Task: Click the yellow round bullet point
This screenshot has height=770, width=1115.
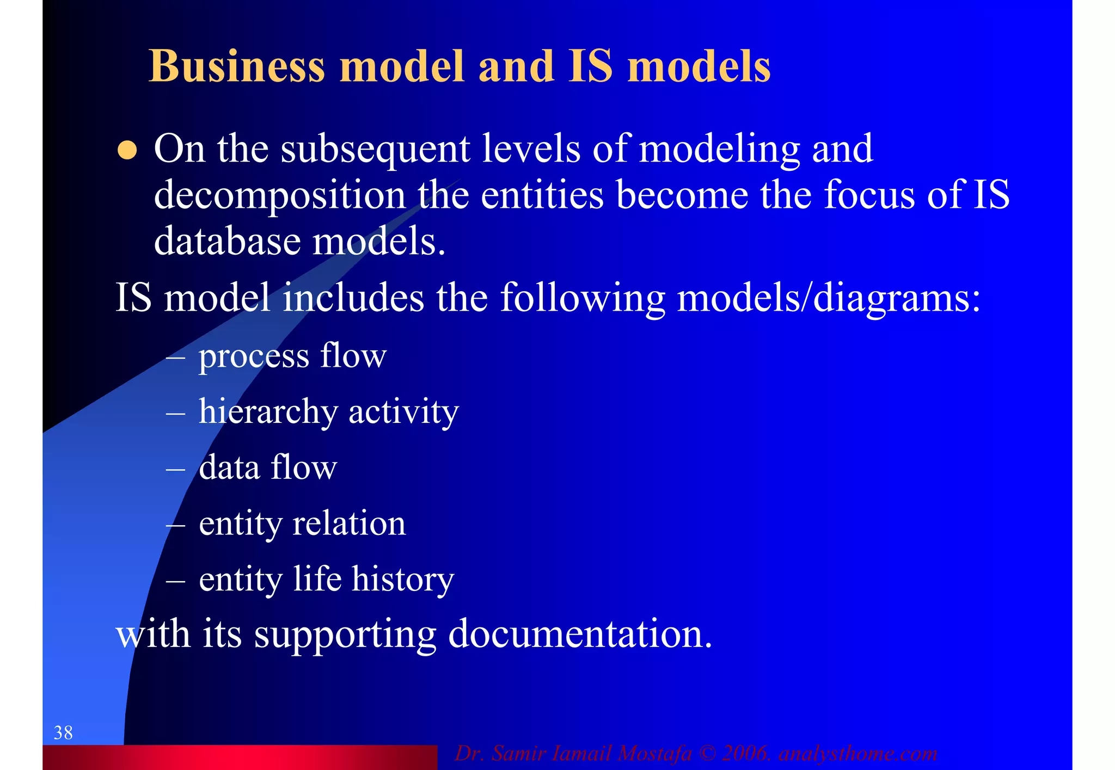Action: click(127, 150)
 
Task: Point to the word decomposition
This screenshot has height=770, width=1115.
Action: click(280, 196)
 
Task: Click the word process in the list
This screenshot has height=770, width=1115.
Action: click(253, 357)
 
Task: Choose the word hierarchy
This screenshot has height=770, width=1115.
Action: click(268, 412)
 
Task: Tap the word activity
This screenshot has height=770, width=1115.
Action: click(403, 412)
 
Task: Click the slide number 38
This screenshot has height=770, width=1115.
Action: click(63, 733)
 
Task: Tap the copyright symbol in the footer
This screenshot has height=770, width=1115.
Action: click(707, 754)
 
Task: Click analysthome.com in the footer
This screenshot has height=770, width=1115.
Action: click(858, 754)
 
